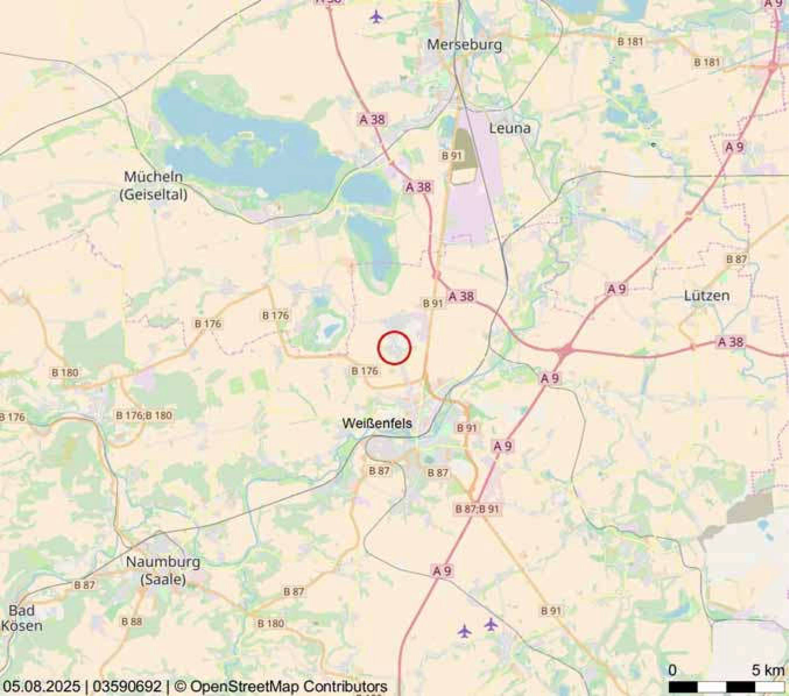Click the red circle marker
[394, 348]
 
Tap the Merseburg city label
[464, 44]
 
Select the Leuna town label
[510, 128]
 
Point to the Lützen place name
[707, 295]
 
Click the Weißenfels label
[377, 423]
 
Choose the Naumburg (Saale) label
[163, 570]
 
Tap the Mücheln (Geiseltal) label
[153, 185]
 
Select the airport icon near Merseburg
[376, 17]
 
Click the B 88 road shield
[131, 621]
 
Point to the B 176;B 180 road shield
[144, 415]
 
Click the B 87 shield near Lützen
[736, 259]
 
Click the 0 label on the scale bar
[672, 670]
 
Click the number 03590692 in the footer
[127, 686]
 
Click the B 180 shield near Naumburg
[270, 623]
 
